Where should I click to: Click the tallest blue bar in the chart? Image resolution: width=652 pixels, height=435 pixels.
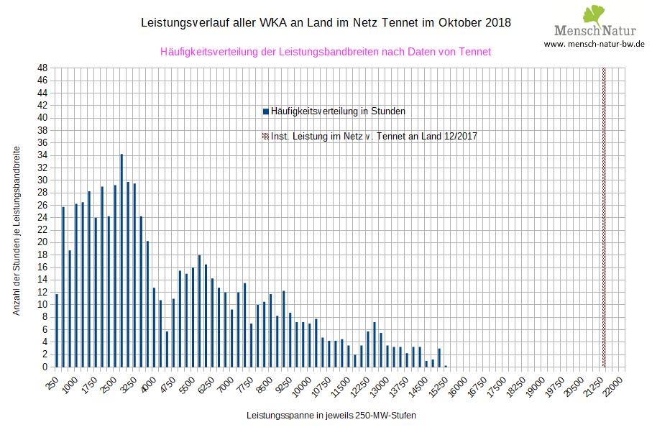121,260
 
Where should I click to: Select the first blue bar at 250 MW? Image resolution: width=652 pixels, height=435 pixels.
56,330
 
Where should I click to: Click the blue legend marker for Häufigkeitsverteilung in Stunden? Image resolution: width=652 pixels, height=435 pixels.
266,111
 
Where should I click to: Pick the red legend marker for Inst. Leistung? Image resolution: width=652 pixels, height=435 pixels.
266,136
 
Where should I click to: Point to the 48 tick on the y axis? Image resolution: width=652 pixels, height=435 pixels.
43,68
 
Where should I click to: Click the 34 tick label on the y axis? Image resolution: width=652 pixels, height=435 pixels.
43,155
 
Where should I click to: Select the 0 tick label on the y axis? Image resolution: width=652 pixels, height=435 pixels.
45,367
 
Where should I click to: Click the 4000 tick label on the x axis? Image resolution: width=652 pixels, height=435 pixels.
148,381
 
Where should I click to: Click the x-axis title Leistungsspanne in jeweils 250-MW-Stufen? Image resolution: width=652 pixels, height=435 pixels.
331,416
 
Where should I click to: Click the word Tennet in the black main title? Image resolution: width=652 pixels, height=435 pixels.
397,22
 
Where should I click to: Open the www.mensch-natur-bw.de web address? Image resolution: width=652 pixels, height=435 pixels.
594,44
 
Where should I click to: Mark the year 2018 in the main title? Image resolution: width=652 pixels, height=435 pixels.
497,22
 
